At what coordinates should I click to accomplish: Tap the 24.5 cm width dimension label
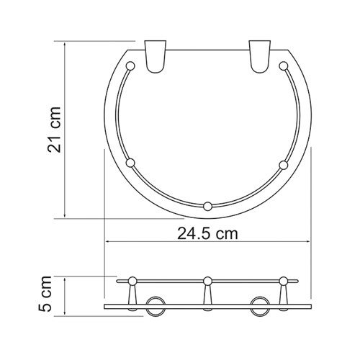pos(207,233)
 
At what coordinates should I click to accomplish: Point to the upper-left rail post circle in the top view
pos(131,68)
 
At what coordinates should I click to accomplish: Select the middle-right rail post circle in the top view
pos(284,165)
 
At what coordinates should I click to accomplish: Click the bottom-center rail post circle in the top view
pos(207,207)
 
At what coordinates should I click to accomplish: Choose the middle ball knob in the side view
pos(207,279)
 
